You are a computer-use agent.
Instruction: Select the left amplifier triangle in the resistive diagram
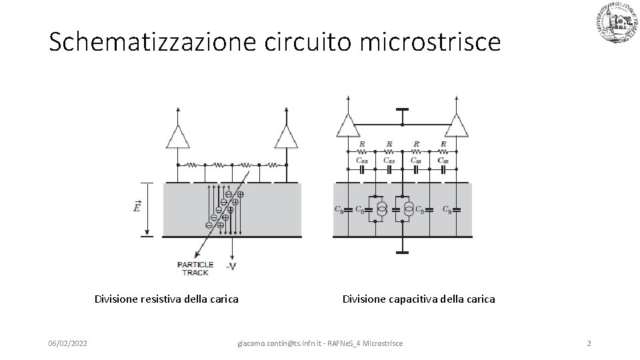(178, 137)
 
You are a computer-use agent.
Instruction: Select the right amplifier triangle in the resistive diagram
(285, 137)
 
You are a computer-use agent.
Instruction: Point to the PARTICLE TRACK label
(194, 268)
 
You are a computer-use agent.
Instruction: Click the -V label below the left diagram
(230, 267)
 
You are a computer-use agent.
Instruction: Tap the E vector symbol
(137, 207)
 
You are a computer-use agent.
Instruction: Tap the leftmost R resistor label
(362, 143)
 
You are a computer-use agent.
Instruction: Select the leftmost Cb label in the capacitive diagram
(339, 209)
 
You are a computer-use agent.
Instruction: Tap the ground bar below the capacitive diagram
(402, 253)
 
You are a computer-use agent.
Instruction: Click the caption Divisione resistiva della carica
(167, 299)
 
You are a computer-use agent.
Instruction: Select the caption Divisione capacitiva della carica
(419, 299)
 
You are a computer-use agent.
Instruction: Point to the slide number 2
(589, 343)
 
